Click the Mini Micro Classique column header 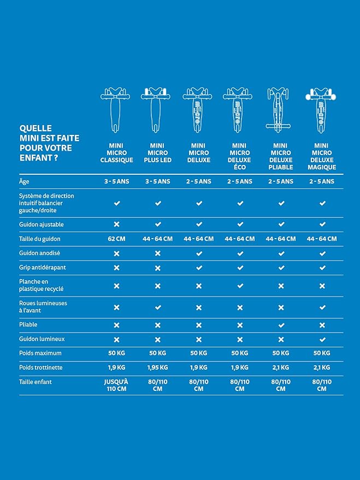(116, 153)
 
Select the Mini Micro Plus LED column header (157, 153)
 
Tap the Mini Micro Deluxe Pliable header (281, 156)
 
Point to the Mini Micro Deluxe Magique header (322, 156)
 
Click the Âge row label (24, 181)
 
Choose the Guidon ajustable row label (41, 224)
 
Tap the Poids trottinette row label (41, 368)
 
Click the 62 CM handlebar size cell (116, 239)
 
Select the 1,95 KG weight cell (157, 368)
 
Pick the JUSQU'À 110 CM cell (116, 386)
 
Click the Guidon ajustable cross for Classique (116, 224)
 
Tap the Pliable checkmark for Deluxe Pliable (281, 325)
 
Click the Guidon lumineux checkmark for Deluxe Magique (322, 339)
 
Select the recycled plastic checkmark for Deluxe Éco (240, 286)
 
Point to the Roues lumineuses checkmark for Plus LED (157, 307)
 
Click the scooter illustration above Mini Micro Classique (116, 109)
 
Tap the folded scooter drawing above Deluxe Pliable (281, 109)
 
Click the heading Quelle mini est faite (46, 138)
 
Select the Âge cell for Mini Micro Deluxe (199, 181)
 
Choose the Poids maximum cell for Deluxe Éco (240, 353)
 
